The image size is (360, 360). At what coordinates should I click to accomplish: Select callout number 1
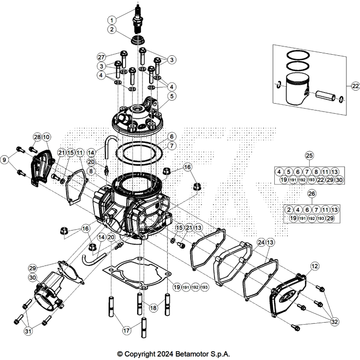(112, 20)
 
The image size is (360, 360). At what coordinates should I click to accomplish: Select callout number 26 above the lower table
(310, 193)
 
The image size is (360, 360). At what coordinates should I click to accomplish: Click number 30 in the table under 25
(339, 180)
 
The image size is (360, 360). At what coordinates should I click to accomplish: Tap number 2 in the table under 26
(289, 209)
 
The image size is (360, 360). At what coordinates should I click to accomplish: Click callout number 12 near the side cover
(315, 266)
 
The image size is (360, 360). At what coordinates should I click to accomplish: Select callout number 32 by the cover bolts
(334, 321)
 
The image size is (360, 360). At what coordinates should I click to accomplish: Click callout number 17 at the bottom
(126, 331)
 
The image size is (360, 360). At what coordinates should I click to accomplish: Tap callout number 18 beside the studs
(154, 308)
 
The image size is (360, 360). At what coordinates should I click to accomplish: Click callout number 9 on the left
(5, 158)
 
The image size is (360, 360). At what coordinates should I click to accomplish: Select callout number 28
(37, 137)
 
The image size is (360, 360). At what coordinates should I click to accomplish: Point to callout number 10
(46, 137)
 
